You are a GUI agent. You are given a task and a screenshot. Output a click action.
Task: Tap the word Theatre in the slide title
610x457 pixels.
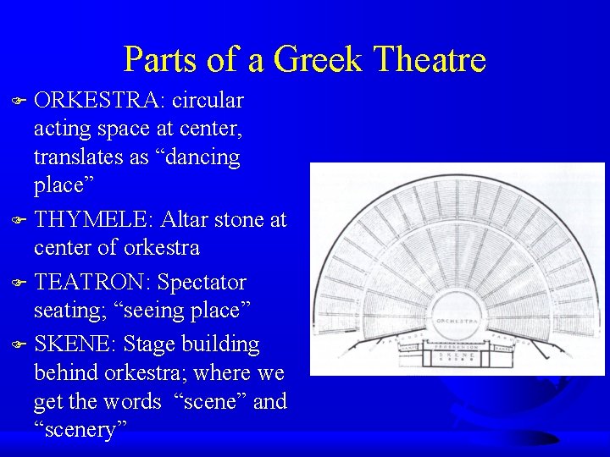430,60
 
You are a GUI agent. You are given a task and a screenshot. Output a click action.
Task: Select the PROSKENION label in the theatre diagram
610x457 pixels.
457,347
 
